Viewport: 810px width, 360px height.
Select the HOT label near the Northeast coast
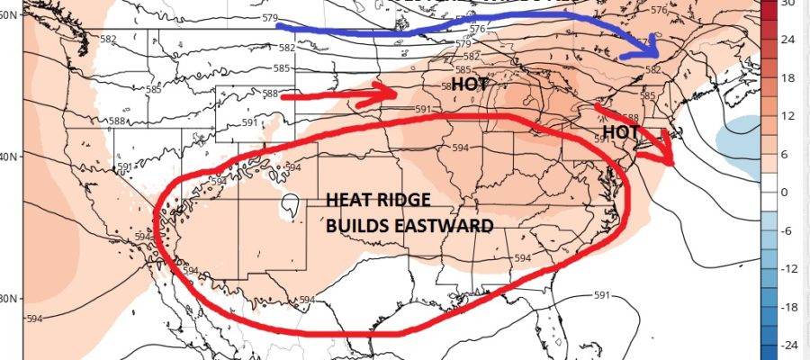(620, 131)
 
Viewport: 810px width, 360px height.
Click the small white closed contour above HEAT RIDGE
(290, 206)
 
